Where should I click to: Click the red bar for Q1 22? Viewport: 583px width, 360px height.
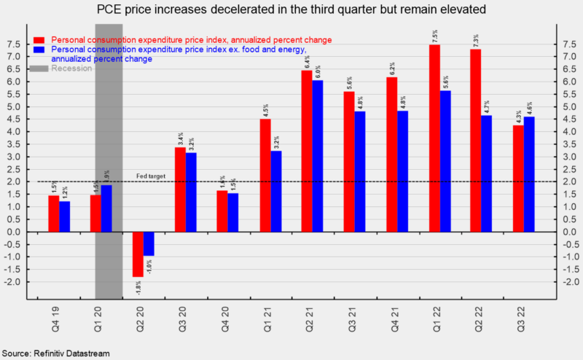(x=434, y=138)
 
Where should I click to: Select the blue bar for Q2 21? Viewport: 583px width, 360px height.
(x=317, y=156)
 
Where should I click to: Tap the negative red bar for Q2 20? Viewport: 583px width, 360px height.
(x=138, y=254)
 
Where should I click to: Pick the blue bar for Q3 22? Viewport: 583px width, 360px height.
(x=528, y=174)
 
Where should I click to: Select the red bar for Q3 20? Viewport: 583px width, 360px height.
(x=180, y=189)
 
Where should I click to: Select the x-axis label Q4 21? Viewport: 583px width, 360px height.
(x=392, y=317)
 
